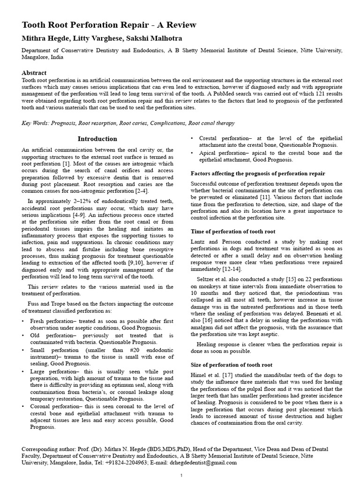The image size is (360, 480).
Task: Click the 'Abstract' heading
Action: (34, 73)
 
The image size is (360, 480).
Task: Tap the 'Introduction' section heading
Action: (97, 139)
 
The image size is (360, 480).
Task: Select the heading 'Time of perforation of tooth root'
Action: (233, 232)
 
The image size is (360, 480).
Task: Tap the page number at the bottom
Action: (181, 475)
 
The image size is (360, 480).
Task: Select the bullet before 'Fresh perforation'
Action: (23, 321)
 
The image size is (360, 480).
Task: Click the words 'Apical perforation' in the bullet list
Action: (223, 153)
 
